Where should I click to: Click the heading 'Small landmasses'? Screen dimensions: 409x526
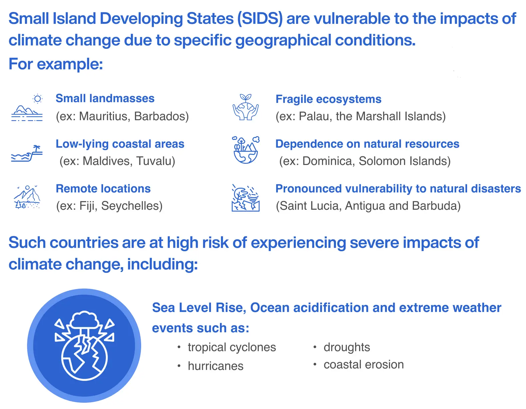[x=105, y=99]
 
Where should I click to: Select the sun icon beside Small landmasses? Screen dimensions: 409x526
[x=37, y=99]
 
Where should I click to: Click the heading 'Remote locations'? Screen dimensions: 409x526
[x=103, y=189]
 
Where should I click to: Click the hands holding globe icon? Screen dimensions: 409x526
[x=245, y=108]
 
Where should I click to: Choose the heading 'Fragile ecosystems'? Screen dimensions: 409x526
[x=328, y=99]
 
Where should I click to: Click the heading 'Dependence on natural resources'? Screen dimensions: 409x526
[x=367, y=144]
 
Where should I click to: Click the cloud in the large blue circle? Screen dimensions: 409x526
[x=84, y=319]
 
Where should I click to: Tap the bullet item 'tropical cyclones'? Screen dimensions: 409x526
[x=231, y=347]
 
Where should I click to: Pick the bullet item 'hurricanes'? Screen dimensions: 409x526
[x=216, y=366]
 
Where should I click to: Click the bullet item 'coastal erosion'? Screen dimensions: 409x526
[x=363, y=365]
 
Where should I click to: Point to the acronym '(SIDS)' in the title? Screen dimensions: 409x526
[x=260, y=19]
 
